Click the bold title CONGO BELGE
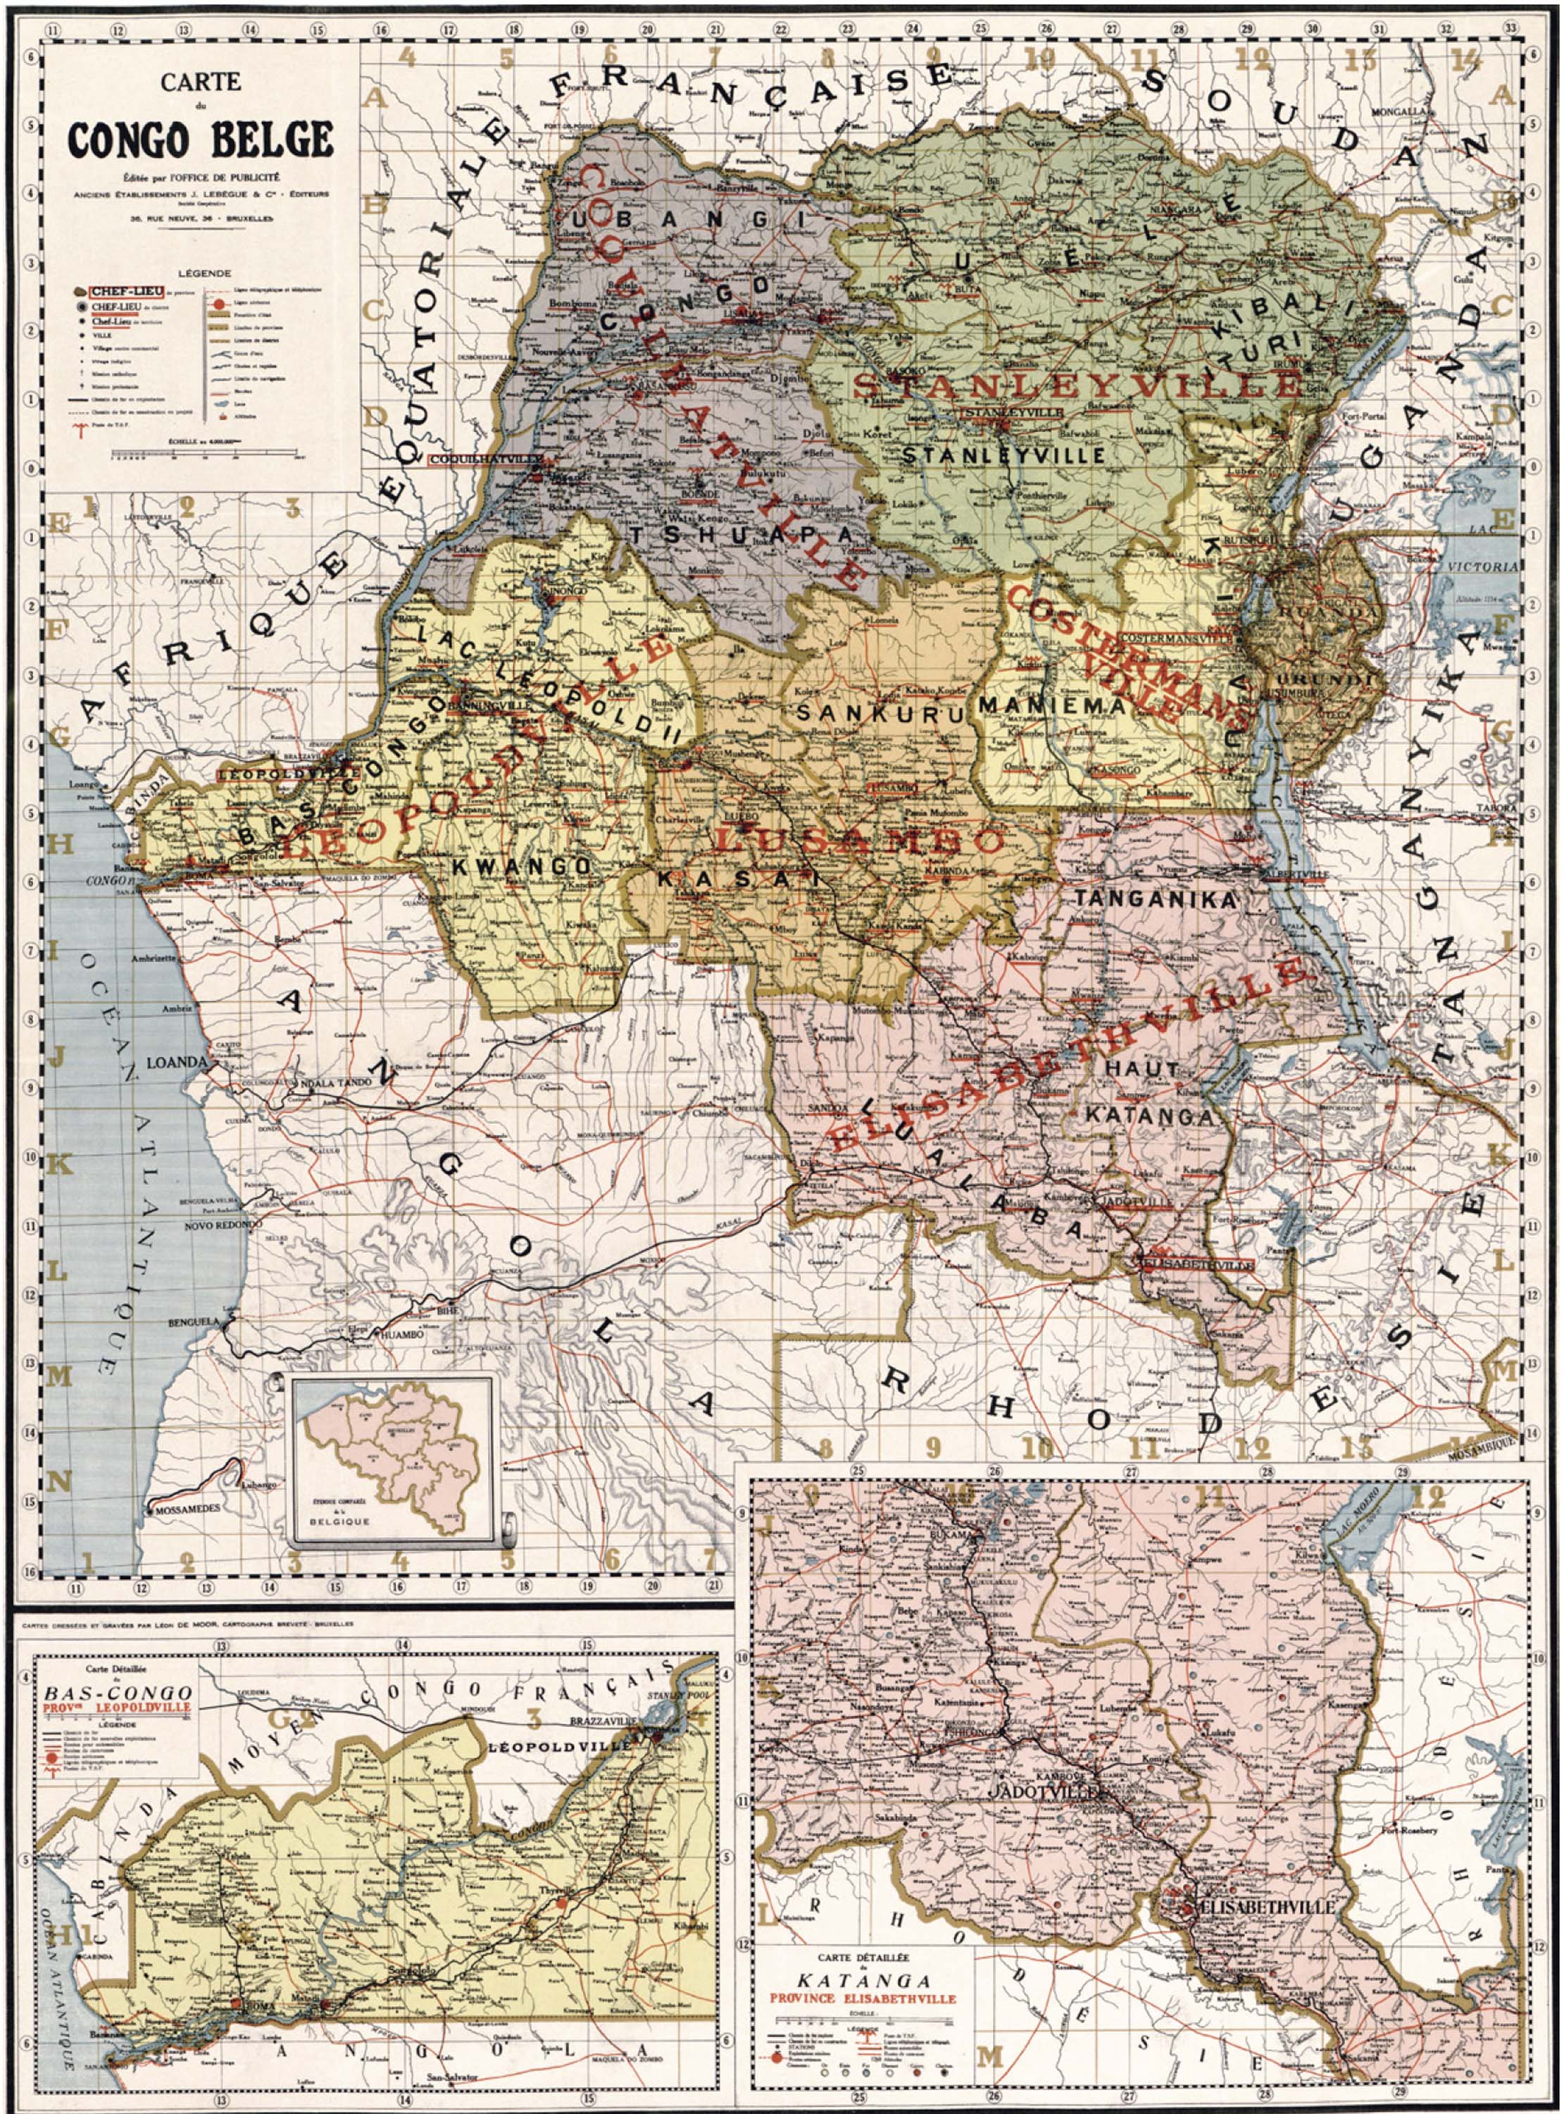point(200,140)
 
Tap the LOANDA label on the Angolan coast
point(176,1063)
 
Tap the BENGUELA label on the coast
point(193,1321)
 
